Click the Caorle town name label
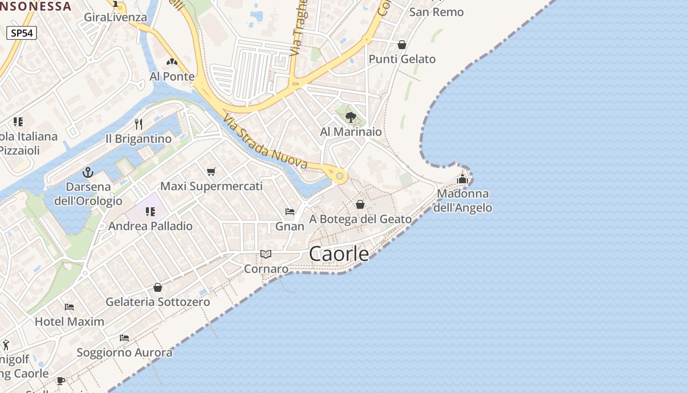[x=339, y=253]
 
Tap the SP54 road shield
[x=22, y=33]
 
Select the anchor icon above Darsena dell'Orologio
[x=88, y=172]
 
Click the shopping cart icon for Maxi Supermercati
[x=211, y=171]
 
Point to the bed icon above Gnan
[x=290, y=212]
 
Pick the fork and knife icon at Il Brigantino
[x=139, y=124]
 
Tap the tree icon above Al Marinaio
[x=351, y=117]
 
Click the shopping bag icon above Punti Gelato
[x=402, y=45]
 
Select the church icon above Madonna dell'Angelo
[x=462, y=179]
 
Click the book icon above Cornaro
[x=266, y=254]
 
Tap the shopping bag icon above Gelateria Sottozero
[x=158, y=287]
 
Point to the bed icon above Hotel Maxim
[x=69, y=307]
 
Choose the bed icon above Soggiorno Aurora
[x=124, y=338]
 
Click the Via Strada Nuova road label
[x=265, y=141]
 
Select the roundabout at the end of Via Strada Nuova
[x=339, y=175]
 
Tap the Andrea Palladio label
[x=150, y=226]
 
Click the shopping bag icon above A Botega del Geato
[x=360, y=204]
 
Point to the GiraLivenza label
[x=115, y=17]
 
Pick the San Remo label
[x=436, y=12]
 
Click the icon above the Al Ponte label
[x=172, y=62]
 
